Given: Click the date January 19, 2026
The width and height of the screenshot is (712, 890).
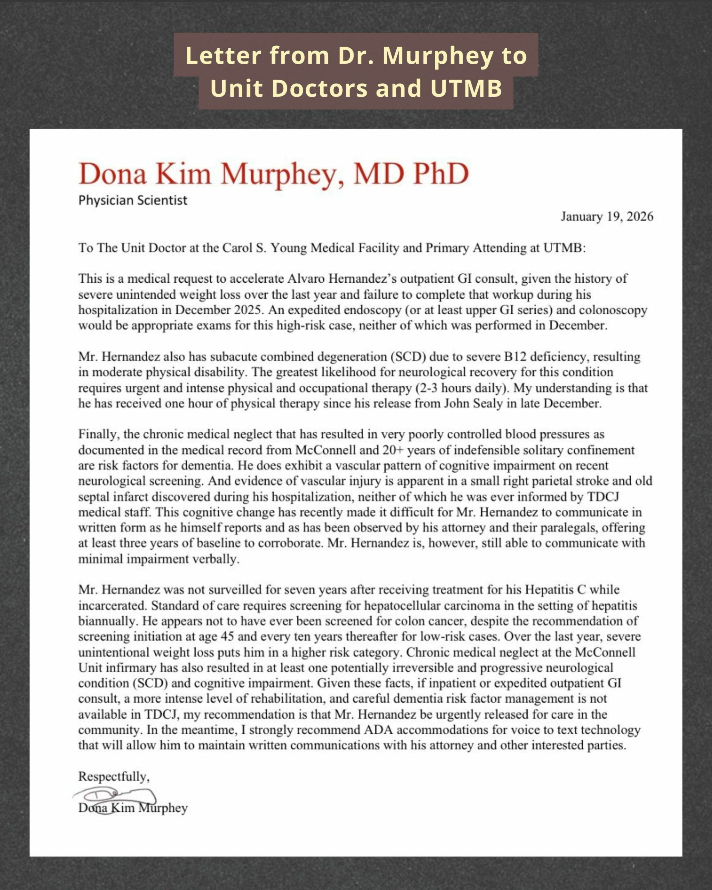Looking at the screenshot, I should (607, 217).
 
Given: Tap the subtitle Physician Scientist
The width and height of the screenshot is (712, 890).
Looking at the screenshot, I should (132, 201).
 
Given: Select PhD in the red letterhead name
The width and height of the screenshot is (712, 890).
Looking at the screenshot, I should (441, 174).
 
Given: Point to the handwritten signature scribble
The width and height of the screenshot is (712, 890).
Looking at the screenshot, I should (115, 795).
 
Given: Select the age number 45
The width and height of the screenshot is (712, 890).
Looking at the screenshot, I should (227, 637).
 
